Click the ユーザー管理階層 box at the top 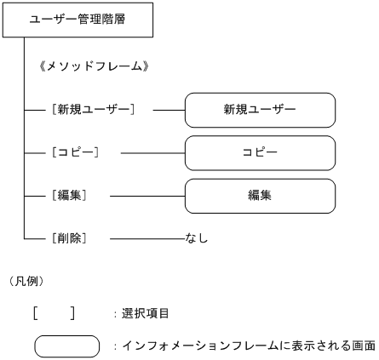pos(78,20)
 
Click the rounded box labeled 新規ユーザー pos(260,110)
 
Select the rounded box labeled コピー pos(260,153)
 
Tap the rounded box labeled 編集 pos(260,196)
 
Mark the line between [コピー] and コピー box pos(153,153)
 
